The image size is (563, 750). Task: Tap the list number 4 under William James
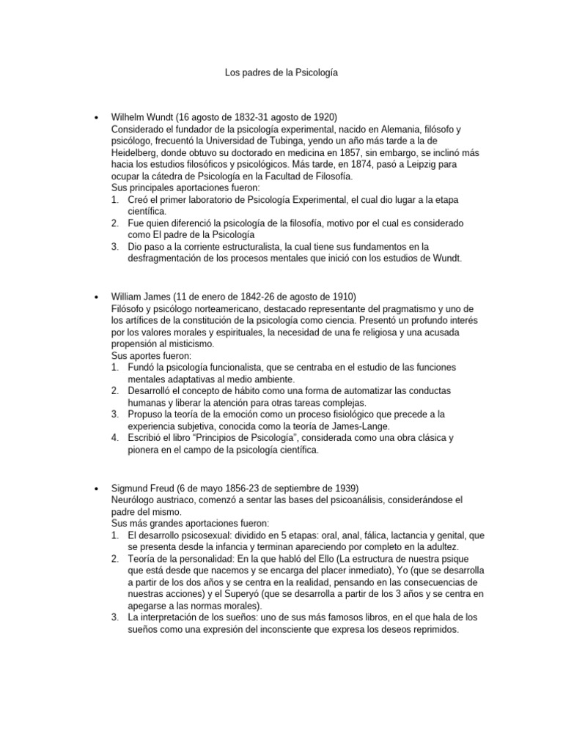[115, 439]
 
